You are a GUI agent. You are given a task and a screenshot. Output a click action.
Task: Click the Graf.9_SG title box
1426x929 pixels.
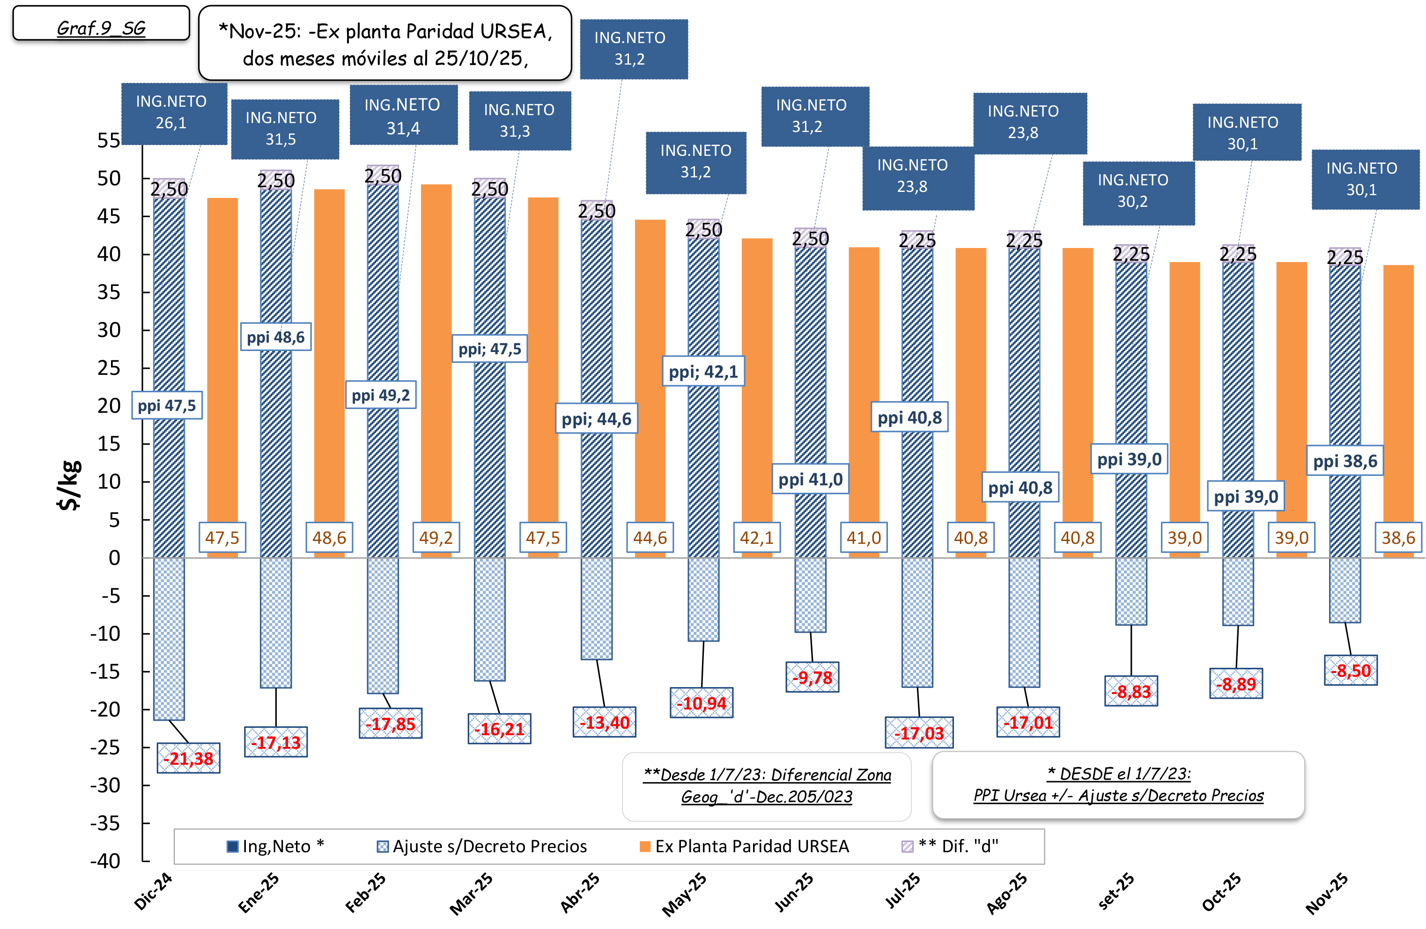[x=101, y=24]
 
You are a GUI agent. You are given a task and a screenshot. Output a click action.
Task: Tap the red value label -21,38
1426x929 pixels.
[x=189, y=758]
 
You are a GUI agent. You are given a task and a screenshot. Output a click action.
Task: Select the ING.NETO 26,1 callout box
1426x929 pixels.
[x=174, y=113]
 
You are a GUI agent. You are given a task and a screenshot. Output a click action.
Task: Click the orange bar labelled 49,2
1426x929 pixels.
[x=436, y=359]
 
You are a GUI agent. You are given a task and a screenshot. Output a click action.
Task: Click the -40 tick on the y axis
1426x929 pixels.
[x=106, y=861]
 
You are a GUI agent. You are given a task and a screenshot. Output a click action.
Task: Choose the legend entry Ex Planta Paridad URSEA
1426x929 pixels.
[x=744, y=846]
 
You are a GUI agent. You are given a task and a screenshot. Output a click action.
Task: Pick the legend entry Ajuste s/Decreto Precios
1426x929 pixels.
[x=482, y=846]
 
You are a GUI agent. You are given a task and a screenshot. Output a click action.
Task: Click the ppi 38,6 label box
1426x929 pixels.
[x=1345, y=461]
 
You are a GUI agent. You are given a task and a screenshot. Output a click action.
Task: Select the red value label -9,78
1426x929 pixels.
[x=812, y=677]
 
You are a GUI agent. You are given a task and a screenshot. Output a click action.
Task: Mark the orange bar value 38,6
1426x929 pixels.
[x=1398, y=537]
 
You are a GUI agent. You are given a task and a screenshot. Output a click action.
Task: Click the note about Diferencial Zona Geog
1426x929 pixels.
[x=767, y=786]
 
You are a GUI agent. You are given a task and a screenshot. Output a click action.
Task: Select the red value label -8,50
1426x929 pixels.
[x=1351, y=670]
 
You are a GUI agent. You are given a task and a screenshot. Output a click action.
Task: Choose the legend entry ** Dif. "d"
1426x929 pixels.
[x=950, y=846]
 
